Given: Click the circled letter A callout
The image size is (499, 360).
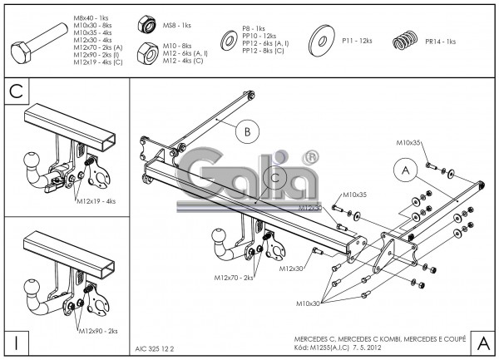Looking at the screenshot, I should point(405,170).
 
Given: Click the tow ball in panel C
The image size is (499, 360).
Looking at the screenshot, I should point(34,160).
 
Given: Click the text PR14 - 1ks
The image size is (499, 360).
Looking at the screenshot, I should point(441,41).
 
